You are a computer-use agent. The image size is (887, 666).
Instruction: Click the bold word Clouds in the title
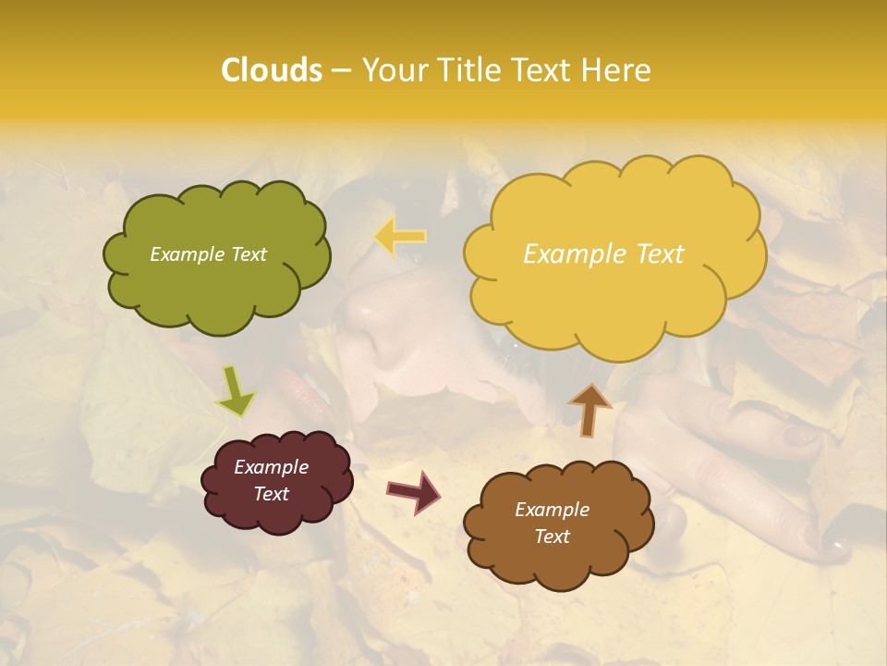point(272,70)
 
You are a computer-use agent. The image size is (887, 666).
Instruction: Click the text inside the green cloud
point(208,254)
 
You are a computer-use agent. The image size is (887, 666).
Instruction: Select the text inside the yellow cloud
point(603,254)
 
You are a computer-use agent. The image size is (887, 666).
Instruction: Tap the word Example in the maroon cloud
point(271,467)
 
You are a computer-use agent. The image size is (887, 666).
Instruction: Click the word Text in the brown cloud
point(552,536)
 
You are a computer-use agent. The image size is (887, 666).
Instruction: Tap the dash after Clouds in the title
point(341,71)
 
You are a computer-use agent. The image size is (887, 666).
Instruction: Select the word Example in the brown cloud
point(552,510)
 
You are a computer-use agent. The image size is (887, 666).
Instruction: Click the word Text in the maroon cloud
point(271,494)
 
